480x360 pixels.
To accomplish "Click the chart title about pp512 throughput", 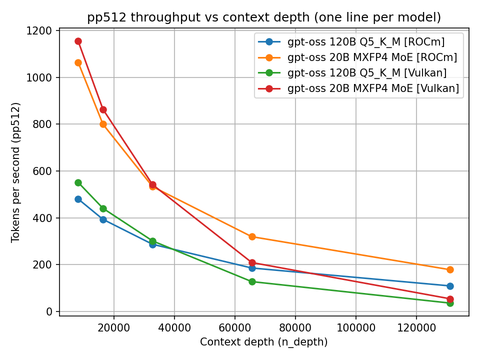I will (x=264, y=17).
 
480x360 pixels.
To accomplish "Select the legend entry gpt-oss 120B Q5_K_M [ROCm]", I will (x=366, y=41).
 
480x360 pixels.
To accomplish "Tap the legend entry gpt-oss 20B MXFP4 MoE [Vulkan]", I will (x=373, y=88).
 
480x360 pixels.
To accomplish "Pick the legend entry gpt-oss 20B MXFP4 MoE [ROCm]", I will (x=372, y=57).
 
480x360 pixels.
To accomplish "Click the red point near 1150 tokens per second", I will (x=78, y=41).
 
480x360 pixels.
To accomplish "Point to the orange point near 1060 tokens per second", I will (x=78, y=62).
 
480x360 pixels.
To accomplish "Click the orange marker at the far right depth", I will (x=450, y=269).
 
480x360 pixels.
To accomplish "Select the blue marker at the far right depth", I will (x=450, y=286).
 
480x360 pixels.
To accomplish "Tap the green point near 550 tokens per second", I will (x=78, y=182).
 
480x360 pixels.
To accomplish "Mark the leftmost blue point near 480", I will (x=78, y=199).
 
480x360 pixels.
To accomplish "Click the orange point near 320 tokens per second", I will (x=252, y=236).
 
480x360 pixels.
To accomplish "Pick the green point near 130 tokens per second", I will (x=252, y=281).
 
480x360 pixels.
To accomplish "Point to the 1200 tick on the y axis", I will (x=41, y=31).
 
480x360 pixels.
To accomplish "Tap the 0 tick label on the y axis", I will (x=49, y=311).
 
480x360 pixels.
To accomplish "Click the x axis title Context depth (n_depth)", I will (x=264, y=342).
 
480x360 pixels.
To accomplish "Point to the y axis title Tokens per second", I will (x=16, y=172).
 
